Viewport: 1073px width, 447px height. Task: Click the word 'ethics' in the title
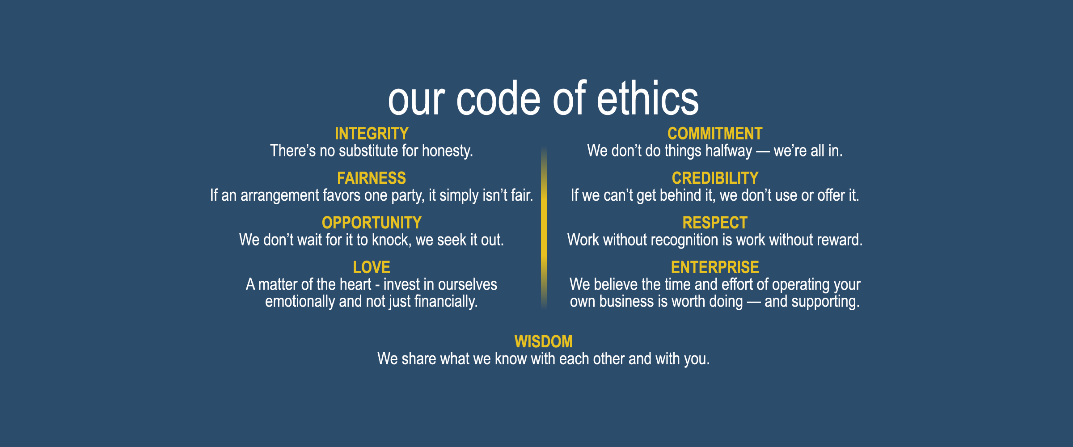(648, 98)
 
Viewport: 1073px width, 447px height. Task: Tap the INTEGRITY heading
(372, 134)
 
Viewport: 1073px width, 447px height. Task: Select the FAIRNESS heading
(372, 178)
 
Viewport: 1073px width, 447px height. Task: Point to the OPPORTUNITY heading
(372, 223)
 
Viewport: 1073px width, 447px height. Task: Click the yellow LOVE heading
(372, 267)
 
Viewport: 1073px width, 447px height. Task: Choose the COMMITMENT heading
(715, 134)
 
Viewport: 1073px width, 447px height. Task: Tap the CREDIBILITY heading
(715, 178)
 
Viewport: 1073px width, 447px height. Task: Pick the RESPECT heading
(715, 223)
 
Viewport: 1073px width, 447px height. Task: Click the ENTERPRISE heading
(715, 267)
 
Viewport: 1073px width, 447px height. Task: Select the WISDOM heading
(544, 342)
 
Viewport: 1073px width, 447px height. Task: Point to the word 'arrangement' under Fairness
(280, 196)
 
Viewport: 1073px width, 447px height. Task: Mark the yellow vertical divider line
(544, 228)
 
